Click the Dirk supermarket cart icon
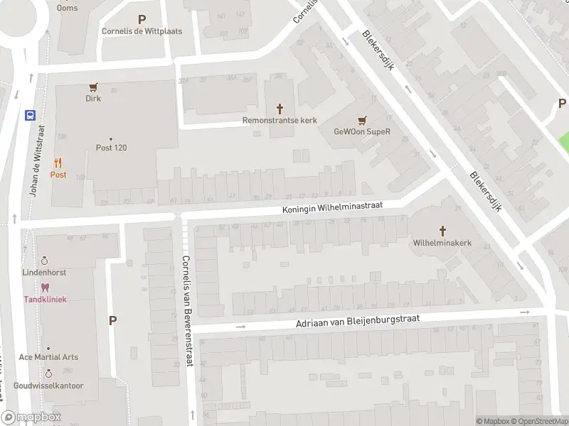click(93, 87)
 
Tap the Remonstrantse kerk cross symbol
click(280, 109)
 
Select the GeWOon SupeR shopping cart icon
click(363, 121)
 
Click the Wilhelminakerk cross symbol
click(442, 231)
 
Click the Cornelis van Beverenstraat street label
click(187, 310)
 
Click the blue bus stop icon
click(31, 115)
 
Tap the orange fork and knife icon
click(58, 163)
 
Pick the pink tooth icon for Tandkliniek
click(45, 288)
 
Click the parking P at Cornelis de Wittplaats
click(142, 20)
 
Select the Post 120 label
click(111, 148)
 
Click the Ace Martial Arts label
click(48, 357)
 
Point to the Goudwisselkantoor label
click(48, 386)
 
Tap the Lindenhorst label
click(44, 272)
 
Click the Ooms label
click(68, 8)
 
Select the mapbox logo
click(31, 417)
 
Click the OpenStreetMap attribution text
click(543, 421)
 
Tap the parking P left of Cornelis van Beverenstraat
click(112, 321)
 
